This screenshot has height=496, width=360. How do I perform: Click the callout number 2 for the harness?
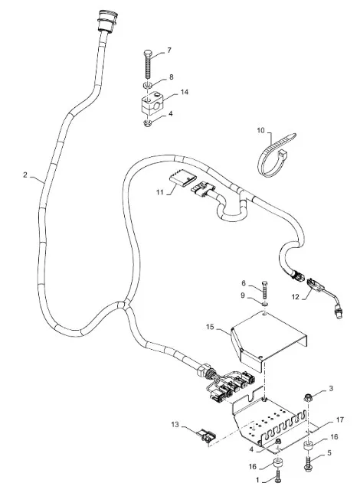25,175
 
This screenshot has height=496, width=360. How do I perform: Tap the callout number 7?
169,51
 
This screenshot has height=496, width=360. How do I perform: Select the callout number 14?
185,92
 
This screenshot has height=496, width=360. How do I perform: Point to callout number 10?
260,130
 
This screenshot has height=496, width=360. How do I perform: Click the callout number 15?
210,327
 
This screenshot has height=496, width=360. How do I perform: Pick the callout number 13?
175,424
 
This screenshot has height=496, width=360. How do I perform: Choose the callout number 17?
340,419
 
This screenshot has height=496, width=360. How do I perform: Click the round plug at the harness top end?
107,20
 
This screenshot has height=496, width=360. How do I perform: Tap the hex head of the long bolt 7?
149,52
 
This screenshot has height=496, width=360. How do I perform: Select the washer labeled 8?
147,85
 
